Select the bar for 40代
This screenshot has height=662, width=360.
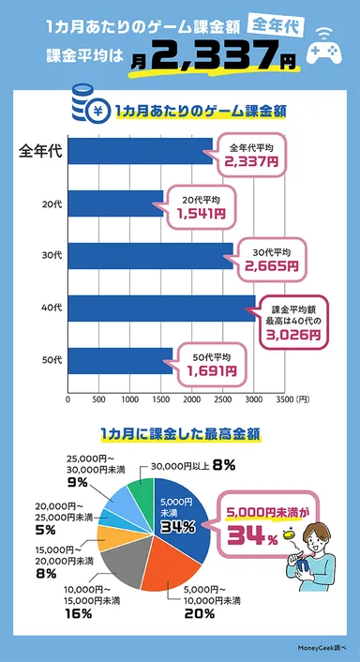[160, 308]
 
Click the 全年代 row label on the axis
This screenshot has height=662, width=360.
[40, 152]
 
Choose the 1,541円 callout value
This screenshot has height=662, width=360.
[201, 214]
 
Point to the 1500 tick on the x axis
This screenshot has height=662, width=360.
[160, 399]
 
